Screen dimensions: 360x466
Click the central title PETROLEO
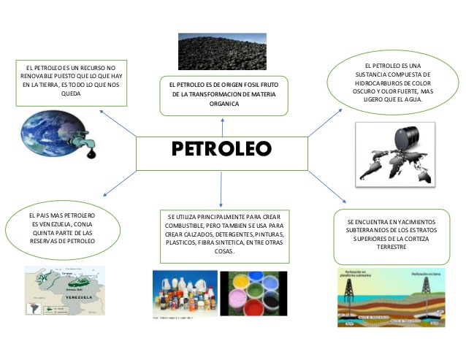221,149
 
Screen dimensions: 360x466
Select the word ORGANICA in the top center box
224,104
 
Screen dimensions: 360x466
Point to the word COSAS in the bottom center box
224,251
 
